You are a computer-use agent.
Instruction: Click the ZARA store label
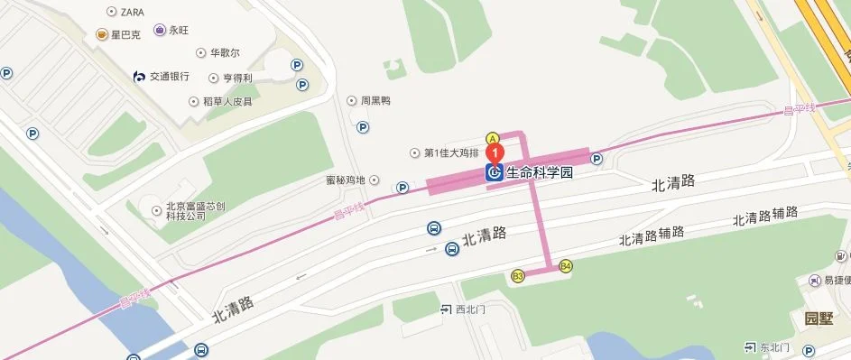[132, 12]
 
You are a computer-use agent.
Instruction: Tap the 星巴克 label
[127, 35]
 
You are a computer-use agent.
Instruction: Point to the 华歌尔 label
[224, 54]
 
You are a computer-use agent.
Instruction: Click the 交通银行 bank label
[168, 77]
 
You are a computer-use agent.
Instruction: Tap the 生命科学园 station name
[540, 171]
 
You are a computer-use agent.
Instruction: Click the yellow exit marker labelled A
[492, 138]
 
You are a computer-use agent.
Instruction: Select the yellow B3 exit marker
[518, 275]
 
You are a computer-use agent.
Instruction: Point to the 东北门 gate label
[774, 347]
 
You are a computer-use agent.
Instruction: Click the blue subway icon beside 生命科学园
[495, 172]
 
